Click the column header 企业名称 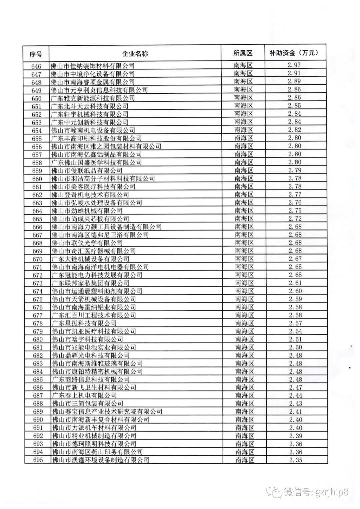(135, 53)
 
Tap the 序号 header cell (36, 54)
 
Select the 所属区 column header (243, 53)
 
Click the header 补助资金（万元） (294, 53)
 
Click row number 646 (36, 66)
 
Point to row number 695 (38, 460)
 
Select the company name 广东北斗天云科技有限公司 (90, 106)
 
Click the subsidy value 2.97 (294, 65)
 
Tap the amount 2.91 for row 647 (294, 73)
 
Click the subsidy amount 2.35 (296, 460)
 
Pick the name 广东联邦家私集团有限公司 (90, 283)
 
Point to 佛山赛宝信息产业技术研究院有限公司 (107, 412)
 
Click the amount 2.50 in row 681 (295, 347)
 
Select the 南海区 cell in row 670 (244, 259)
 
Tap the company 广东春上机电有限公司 (84, 395)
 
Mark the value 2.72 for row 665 (295, 218)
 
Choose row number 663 (37, 203)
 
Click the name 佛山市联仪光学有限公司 (87, 243)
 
